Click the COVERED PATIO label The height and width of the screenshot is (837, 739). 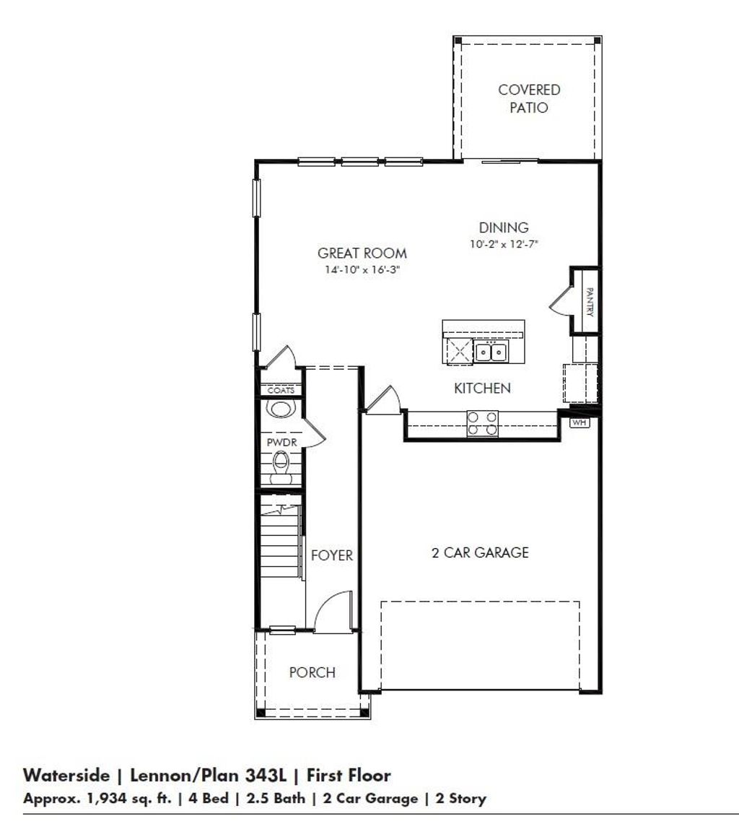(529, 99)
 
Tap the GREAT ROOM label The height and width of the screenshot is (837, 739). (362, 253)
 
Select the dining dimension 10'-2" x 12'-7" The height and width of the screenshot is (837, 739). (504, 245)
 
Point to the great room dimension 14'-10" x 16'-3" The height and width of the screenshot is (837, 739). (362, 271)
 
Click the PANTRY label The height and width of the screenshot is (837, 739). (590, 301)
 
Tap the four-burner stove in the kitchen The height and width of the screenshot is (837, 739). (482, 423)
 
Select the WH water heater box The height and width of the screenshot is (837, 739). (580, 422)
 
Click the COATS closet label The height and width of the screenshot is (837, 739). (281, 390)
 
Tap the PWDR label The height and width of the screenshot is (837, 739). (278, 442)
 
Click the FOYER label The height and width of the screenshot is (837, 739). (332, 555)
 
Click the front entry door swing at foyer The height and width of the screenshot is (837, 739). (332, 611)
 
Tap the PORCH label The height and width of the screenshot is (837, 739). (312, 672)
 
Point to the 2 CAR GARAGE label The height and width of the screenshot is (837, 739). (480, 553)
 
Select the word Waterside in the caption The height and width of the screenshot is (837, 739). (66, 776)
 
